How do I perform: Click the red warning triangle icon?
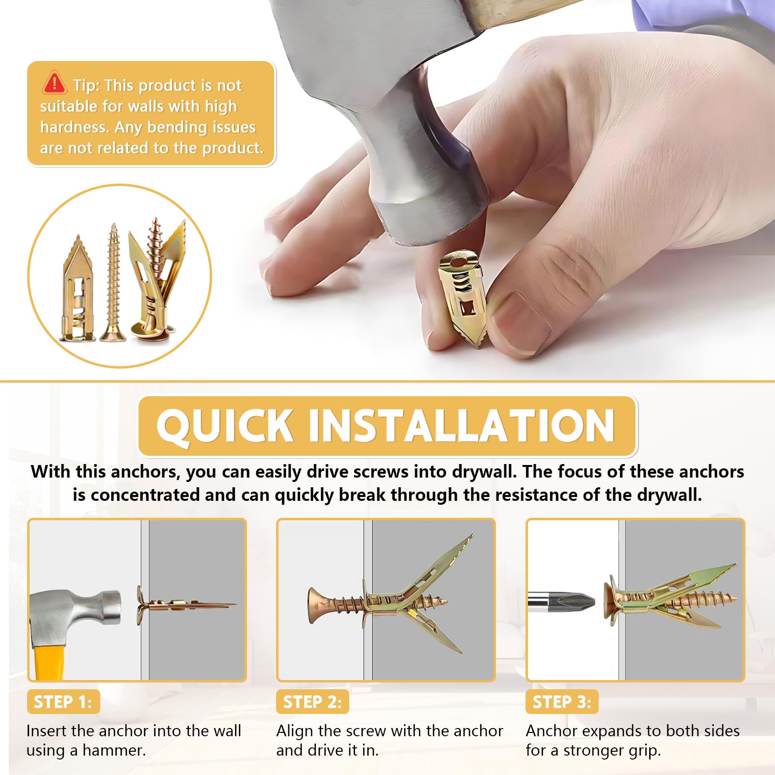click(x=54, y=83)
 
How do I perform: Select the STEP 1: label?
click(x=63, y=701)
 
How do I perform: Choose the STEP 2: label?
click(x=312, y=701)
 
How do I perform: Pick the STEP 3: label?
click(x=562, y=701)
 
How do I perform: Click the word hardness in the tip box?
click(x=75, y=127)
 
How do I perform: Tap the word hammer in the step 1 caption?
click(x=114, y=750)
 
